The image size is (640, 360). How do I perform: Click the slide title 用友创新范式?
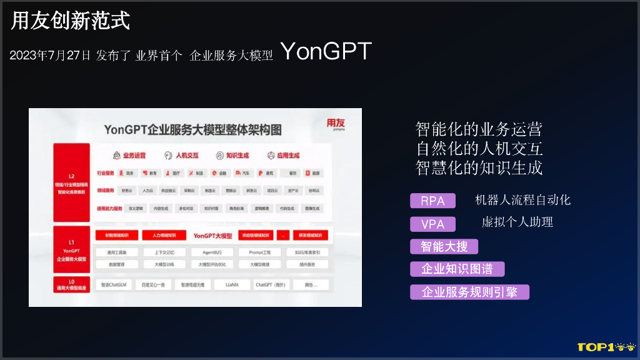(x=71, y=21)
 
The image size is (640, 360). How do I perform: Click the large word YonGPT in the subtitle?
(x=326, y=52)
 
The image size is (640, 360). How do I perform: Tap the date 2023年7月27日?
(x=50, y=56)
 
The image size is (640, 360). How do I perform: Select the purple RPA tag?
(x=432, y=201)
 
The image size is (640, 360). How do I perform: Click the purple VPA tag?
(x=432, y=224)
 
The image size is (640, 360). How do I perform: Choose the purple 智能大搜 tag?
(x=444, y=246)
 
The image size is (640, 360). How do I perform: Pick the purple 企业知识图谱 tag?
(x=457, y=269)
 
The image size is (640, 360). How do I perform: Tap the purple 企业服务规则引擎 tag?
(x=469, y=292)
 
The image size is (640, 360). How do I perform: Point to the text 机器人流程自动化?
(x=522, y=200)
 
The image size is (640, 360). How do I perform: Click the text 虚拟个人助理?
(x=517, y=222)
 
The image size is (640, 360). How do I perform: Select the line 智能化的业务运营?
(x=479, y=129)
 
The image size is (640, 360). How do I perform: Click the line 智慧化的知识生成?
(x=479, y=167)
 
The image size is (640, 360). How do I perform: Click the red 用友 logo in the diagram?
(x=335, y=124)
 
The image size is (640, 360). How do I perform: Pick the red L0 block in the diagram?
(x=71, y=285)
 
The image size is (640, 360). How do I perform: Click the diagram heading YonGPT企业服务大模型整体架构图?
(x=192, y=129)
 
